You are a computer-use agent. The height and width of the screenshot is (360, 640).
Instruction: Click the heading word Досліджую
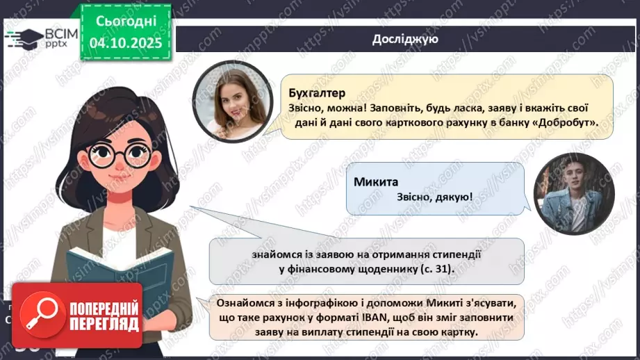[x=404, y=39]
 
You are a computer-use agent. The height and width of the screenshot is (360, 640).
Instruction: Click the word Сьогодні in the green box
[x=125, y=21]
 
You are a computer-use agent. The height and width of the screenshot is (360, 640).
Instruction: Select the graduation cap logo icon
[x=25, y=38]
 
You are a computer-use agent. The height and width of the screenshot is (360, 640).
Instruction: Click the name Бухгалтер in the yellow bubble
[x=316, y=93]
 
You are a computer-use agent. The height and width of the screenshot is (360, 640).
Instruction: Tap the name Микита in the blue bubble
[x=376, y=182]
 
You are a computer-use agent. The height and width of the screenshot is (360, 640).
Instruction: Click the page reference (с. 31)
[x=432, y=268]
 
